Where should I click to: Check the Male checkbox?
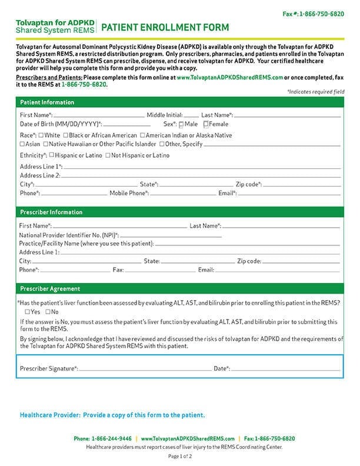tap(182, 125)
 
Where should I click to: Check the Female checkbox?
tap(206, 125)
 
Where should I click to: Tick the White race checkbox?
tap(41, 135)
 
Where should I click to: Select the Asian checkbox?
tap(22, 144)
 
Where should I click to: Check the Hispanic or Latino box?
tap(52, 155)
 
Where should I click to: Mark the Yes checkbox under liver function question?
tap(27, 312)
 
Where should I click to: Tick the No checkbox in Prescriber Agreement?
tap(48, 312)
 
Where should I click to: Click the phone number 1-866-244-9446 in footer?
tap(111, 439)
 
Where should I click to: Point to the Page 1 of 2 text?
tap(180, 457)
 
